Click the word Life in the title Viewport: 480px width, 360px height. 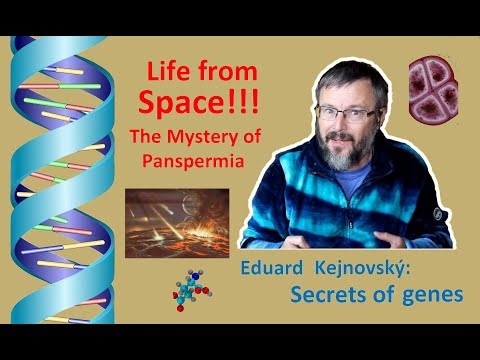click(164, 72)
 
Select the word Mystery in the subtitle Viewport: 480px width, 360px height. click(197, 134)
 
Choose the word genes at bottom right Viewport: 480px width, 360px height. click(429, 295)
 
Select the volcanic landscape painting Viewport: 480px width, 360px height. click(171, 220)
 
